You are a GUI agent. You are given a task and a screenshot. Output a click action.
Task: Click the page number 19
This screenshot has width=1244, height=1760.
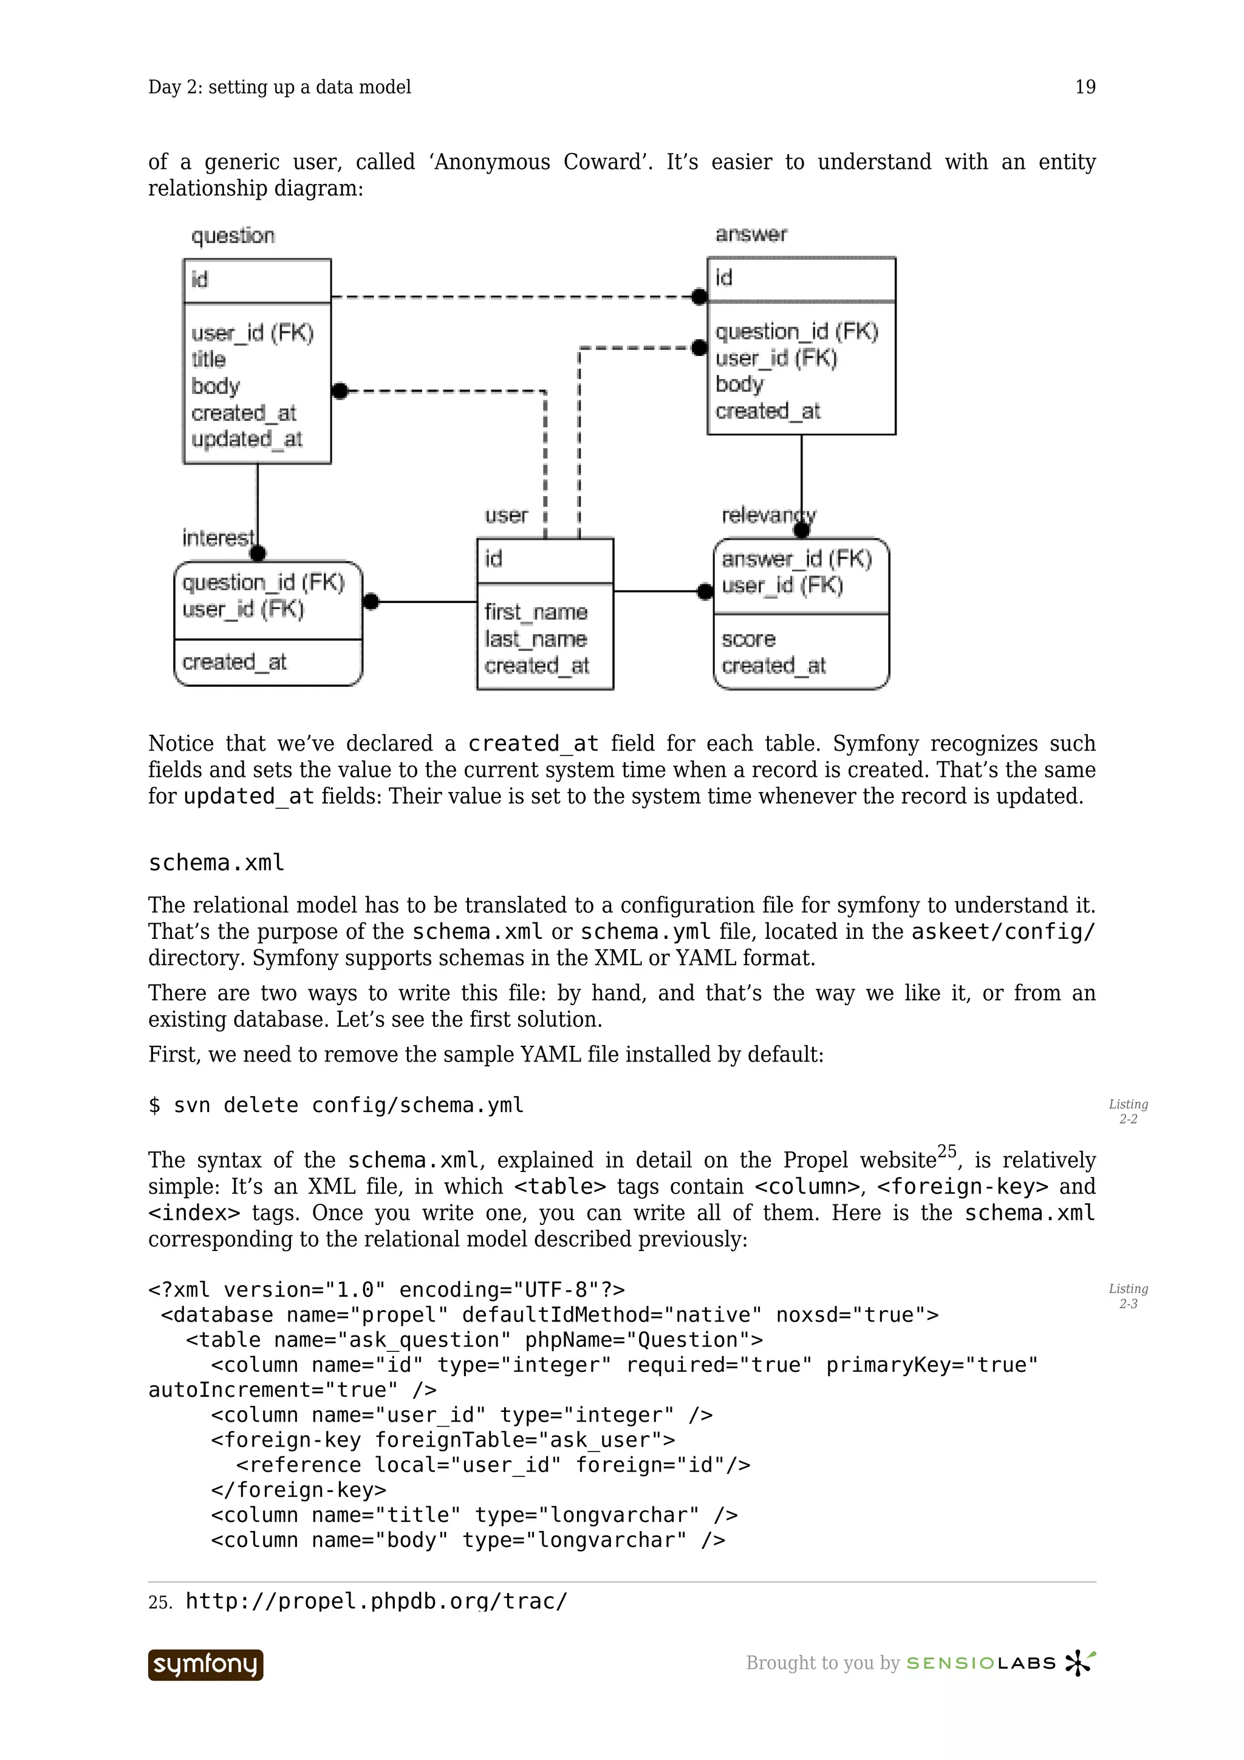point(1085,87)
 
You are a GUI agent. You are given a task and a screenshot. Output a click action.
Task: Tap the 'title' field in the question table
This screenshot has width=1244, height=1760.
point(208,359)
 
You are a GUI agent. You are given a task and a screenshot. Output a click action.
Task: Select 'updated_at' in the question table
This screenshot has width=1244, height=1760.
point(246,439)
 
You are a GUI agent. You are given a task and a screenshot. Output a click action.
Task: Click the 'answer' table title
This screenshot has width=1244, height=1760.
point(750,234)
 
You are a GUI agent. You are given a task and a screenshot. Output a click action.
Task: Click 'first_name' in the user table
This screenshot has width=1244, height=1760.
point(536,612)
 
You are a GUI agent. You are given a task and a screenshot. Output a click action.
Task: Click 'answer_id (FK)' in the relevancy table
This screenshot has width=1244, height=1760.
point(796,559)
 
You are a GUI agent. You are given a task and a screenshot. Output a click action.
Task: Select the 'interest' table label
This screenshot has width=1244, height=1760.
point(217,537)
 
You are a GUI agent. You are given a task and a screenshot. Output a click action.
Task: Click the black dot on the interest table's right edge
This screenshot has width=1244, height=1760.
point(371,602)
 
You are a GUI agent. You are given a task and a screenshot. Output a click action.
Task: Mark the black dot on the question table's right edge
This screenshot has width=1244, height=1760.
point(340,391)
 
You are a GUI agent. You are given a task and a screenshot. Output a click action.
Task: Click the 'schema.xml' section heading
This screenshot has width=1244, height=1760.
point(216,862)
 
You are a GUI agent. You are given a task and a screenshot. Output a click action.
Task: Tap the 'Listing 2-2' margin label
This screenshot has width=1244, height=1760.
point(1127,1111)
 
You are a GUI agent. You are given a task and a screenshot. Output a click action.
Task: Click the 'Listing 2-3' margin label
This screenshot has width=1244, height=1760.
point(1127,1296)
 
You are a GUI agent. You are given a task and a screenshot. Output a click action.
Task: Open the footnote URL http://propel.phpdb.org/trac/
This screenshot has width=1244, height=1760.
point(377,1601)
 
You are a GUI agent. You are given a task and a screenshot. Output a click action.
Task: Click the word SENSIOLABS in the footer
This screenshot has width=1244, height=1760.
point(980,1663)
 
